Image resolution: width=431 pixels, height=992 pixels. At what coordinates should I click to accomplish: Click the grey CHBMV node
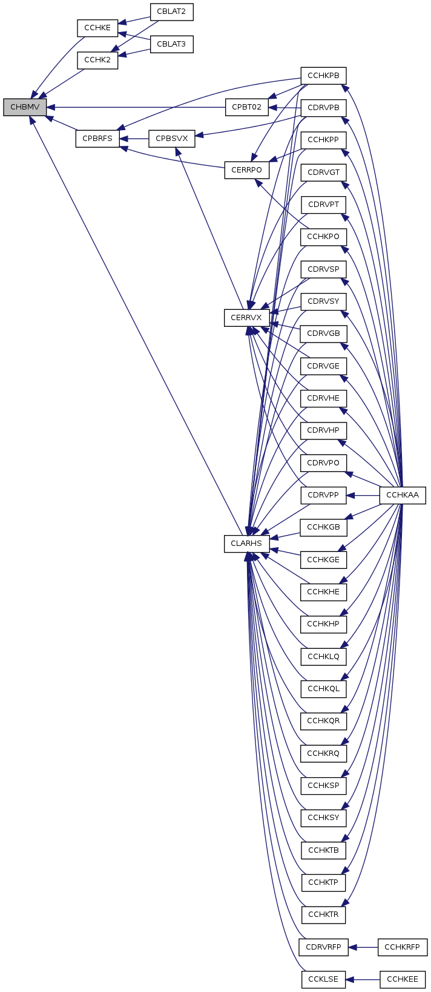(25, 107)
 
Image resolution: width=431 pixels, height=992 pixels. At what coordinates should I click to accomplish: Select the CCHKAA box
(403, 495)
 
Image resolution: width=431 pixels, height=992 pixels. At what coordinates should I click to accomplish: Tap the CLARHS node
(246, 544)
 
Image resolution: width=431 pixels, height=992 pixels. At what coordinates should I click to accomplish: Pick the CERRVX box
(246, 317)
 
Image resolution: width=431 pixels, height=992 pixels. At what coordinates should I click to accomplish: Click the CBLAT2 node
(171, 11)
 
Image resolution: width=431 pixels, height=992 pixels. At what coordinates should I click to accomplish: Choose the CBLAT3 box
(171, 44)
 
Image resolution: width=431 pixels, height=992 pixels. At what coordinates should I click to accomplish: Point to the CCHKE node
(97, 28)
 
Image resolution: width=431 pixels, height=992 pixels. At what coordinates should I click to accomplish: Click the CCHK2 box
(97, 61)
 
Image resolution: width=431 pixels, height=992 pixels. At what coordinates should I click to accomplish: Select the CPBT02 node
(246, 107)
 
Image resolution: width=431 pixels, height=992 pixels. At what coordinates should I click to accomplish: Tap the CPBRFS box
(97, 139)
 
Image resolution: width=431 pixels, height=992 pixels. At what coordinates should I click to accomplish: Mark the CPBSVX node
(172, 139)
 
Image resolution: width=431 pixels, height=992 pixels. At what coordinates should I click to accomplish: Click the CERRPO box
(246, 170)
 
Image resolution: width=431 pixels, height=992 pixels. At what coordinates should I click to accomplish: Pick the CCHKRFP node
(403, 947)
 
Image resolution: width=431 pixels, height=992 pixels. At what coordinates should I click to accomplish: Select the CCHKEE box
(403, 979)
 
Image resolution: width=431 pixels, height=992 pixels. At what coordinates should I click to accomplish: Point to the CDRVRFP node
(323, 947)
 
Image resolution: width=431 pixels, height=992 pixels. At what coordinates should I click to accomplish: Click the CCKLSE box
(323, 979)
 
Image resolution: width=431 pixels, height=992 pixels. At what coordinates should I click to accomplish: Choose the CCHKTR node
(323, 915)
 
